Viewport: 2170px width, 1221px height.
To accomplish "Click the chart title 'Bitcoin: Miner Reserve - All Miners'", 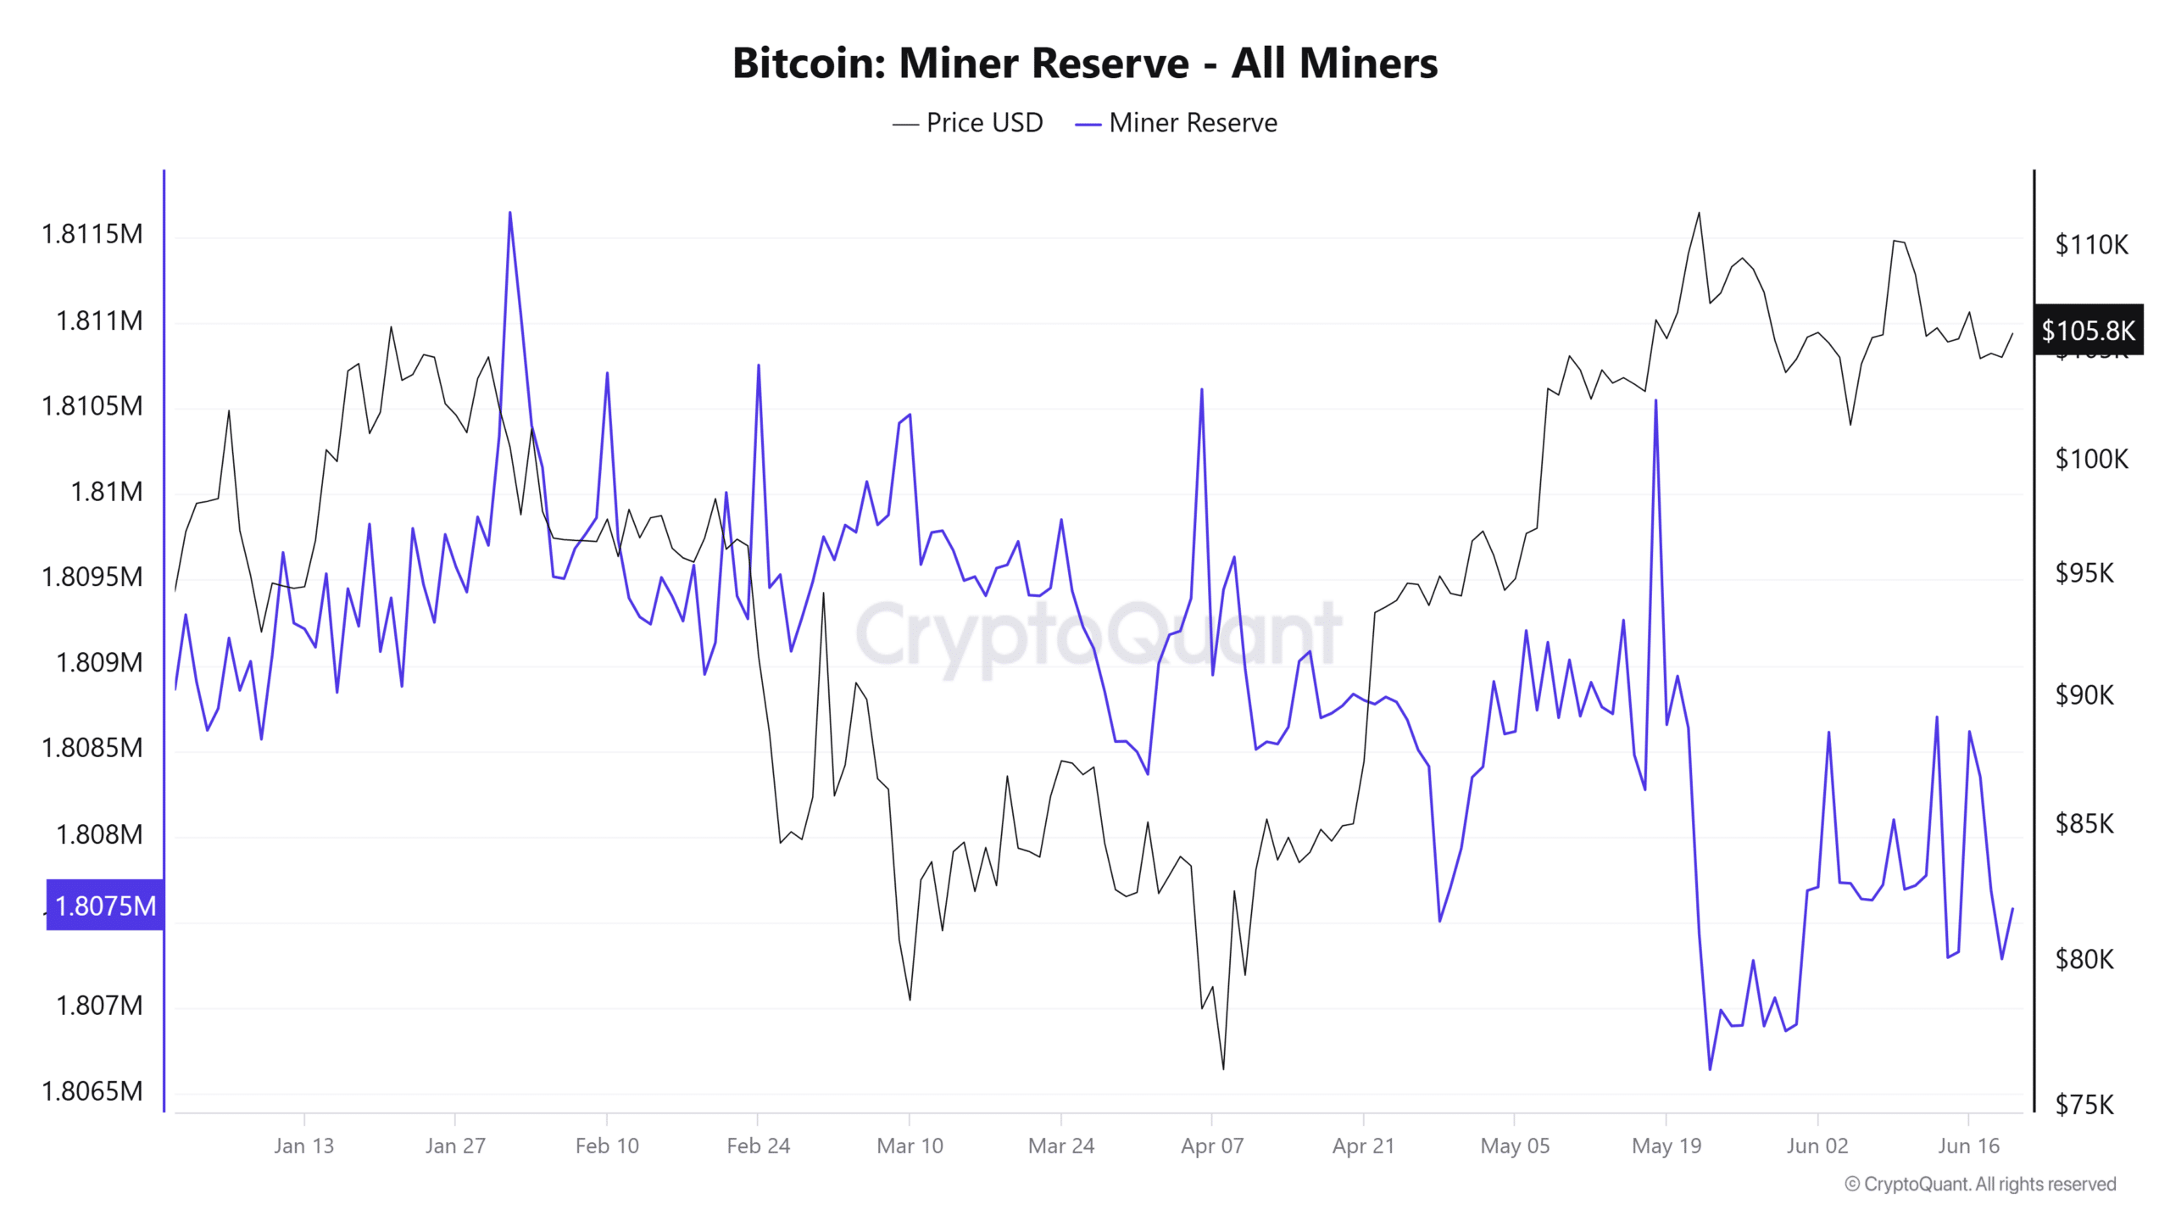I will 1084,64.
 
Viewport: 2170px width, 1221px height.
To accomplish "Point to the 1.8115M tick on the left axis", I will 92,234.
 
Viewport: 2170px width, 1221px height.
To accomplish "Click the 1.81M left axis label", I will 107,492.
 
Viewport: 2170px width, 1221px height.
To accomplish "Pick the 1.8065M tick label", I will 92,1091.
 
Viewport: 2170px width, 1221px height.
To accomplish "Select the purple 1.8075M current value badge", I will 105,906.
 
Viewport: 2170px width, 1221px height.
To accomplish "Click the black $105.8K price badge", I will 2088,330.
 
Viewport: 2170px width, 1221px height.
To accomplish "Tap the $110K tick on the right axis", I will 2091,245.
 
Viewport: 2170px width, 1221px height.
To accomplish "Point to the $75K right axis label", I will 2084,1105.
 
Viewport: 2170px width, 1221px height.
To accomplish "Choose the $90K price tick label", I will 2084,695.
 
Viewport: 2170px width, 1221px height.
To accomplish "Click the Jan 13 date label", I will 303,1146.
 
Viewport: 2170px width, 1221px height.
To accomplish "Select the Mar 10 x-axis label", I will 910,1146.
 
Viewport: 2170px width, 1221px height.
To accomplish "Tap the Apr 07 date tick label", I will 1212,1146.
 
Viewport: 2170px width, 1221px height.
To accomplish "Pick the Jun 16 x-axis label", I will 1968,1146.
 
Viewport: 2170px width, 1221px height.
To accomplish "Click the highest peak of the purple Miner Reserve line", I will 509,213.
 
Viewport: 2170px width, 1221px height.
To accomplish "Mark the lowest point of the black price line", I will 1223,1068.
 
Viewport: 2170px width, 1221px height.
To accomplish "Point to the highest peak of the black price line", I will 1699,213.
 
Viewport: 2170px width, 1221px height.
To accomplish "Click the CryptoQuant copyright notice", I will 1980,1185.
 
